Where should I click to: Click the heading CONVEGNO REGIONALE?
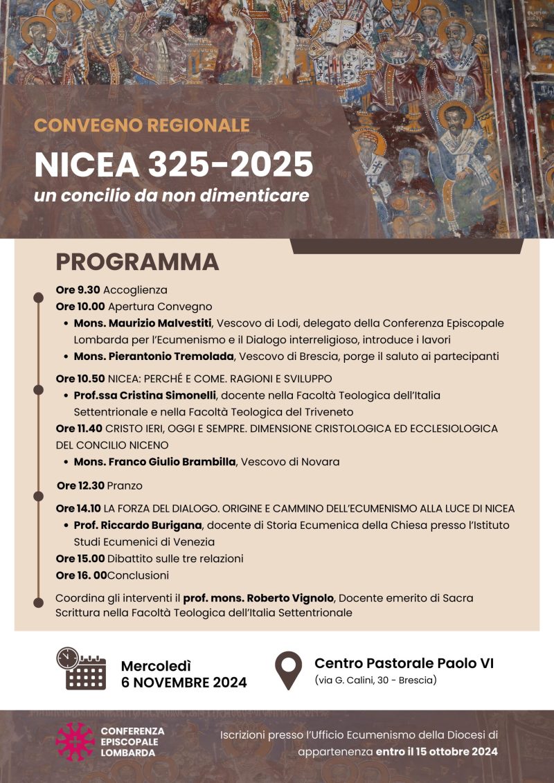click(x=141, y=125)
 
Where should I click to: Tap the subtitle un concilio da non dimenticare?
click(x=171, y=195)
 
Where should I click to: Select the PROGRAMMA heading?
click(x=137, y=262)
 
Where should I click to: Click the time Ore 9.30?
click(x=78, y=290)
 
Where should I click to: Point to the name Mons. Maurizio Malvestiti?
click(x=143, y=323)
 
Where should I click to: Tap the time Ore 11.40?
click(x=80, y=429)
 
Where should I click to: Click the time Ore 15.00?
click(x=80, y=559)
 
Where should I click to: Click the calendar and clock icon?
click(x=81, y=668)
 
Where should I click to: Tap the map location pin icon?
click(x=288, y=669)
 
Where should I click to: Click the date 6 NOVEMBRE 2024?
click(x=184, y=683)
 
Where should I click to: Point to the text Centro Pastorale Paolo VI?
click(x=404, y=663)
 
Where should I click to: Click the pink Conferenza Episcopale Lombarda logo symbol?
click(x=75, y=741)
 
